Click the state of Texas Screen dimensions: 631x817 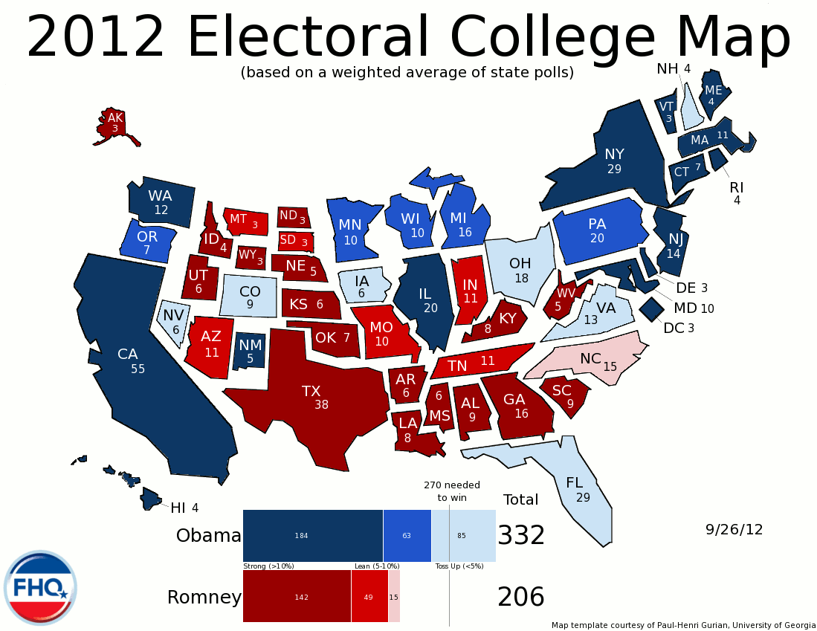point(312,401)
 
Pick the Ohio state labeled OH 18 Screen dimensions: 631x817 point(520,271)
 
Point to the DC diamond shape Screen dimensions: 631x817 point(652,308)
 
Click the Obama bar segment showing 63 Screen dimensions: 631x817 point(407,535)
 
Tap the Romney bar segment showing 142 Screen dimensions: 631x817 point(297,597)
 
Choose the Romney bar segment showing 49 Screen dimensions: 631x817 point(369,597)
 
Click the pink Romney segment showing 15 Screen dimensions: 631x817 point(394,597)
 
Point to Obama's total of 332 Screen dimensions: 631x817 point(521,535)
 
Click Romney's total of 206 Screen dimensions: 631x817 point(521,597)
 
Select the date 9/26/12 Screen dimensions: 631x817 point(734,529)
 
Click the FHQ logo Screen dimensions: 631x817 point(40,588)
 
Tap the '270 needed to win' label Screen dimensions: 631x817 point(452,491)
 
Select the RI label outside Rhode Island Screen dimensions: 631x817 point(737,187)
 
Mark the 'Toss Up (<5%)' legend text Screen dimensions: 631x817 point(459,566)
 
